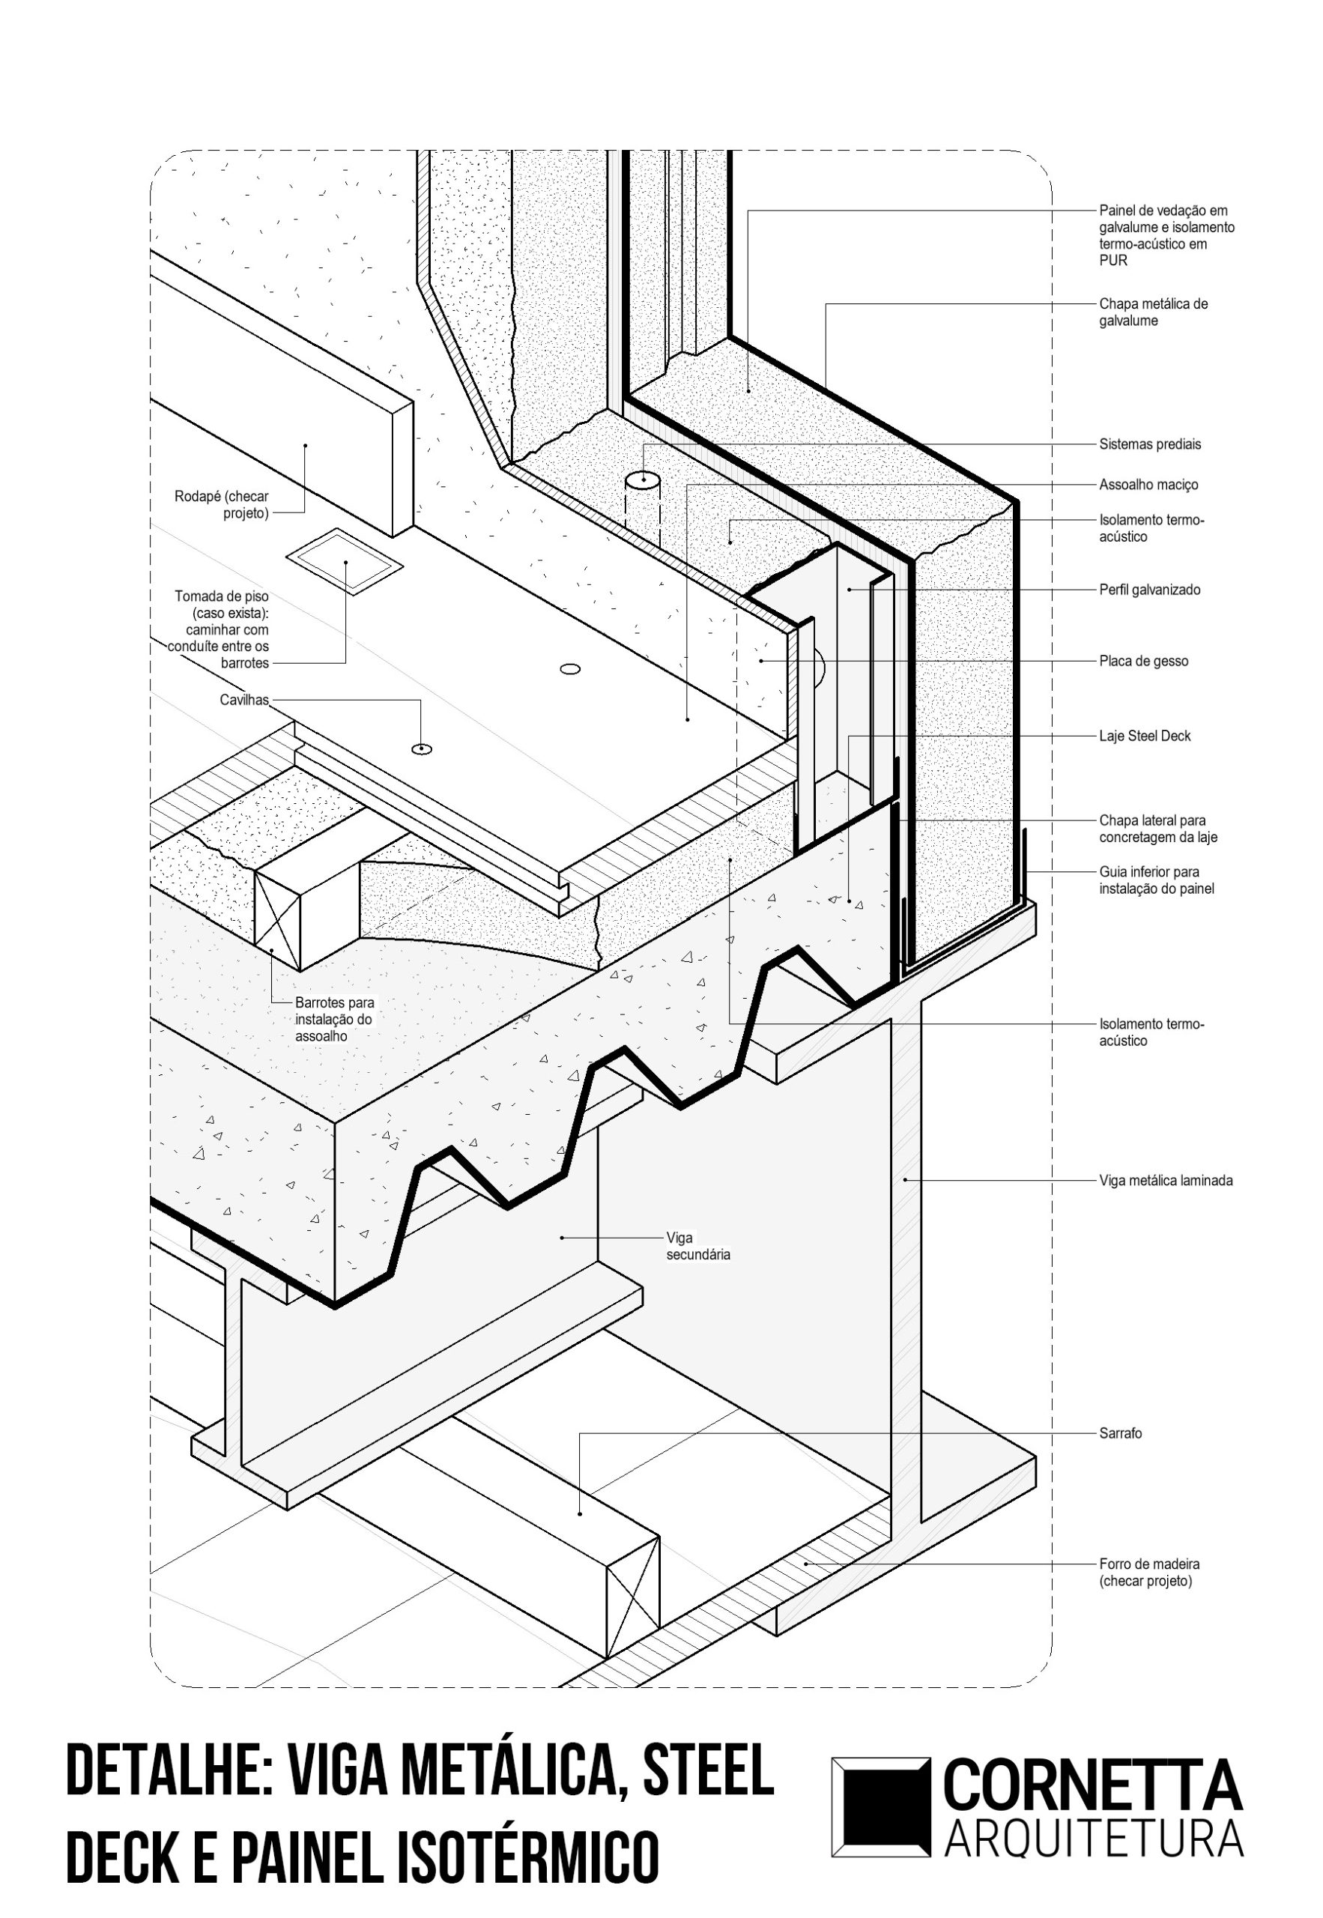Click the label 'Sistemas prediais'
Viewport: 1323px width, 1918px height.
coord(1149,444)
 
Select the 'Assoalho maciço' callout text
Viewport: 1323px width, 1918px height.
coord(1148,485)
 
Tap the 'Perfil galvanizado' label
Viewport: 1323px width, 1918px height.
coord(1149,590)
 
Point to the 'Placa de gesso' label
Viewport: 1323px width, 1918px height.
coord(1143,662)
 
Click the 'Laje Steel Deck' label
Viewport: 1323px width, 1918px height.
coord(1144,736)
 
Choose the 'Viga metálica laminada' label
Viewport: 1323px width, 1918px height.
coord(1166,1180)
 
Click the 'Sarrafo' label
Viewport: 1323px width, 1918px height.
coord(1120,1433)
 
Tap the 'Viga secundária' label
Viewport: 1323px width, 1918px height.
coord(698,1246)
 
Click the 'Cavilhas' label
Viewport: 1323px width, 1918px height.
coord(244,701)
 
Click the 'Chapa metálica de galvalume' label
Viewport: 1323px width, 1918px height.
coord(1153,312)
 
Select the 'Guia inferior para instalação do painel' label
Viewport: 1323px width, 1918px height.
coord(1157,880)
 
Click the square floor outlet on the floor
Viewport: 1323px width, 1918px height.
coord(345,561)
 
